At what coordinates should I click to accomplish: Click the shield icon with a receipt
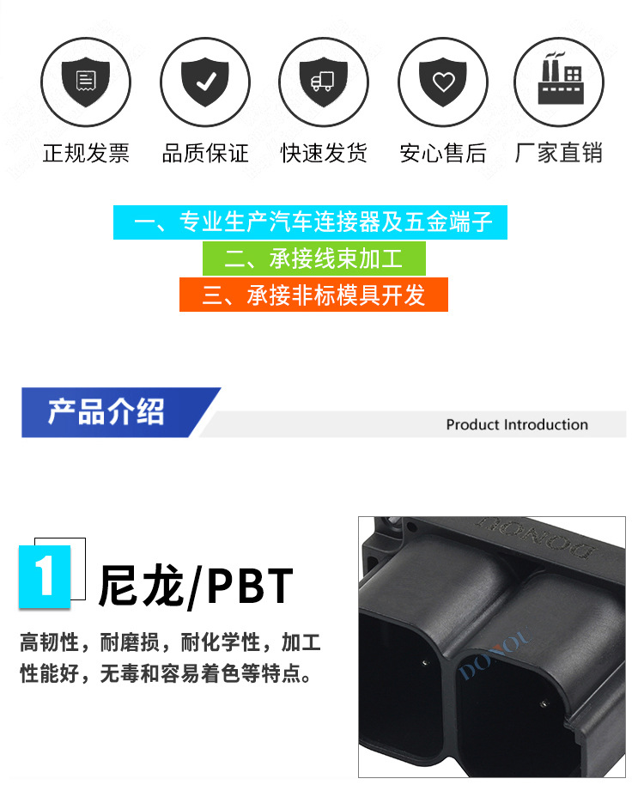coord(87,82)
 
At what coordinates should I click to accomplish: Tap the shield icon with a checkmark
coord(205,82)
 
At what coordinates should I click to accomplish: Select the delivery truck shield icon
coord(324,82)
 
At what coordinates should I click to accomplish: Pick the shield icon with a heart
coord(442,82)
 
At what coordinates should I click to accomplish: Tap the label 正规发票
coord(87,154)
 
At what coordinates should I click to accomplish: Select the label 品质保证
coord(205,154)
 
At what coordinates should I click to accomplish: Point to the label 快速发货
coord(324,154)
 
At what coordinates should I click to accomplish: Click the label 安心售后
coord(442,154)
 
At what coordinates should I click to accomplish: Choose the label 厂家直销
coord(559,154)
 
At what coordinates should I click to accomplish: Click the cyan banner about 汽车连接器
coord(310,222)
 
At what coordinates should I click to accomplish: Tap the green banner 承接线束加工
coord(313,259)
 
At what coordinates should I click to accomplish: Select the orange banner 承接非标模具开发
coord(313,295)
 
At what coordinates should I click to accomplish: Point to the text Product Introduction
coord(517,424)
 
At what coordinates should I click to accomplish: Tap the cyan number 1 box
coord(46,575)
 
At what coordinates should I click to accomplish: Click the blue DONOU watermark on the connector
coord(496,655)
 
